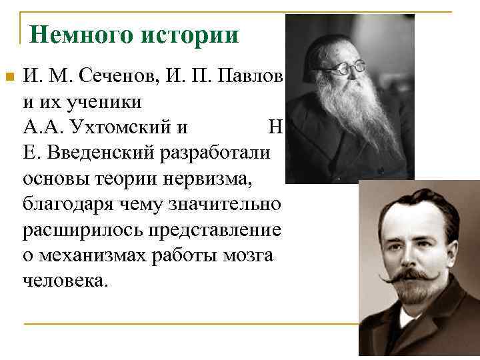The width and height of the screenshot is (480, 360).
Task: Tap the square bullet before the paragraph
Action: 9,77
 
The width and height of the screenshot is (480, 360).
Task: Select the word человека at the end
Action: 64,279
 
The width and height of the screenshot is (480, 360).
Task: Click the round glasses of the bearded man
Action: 349,66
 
